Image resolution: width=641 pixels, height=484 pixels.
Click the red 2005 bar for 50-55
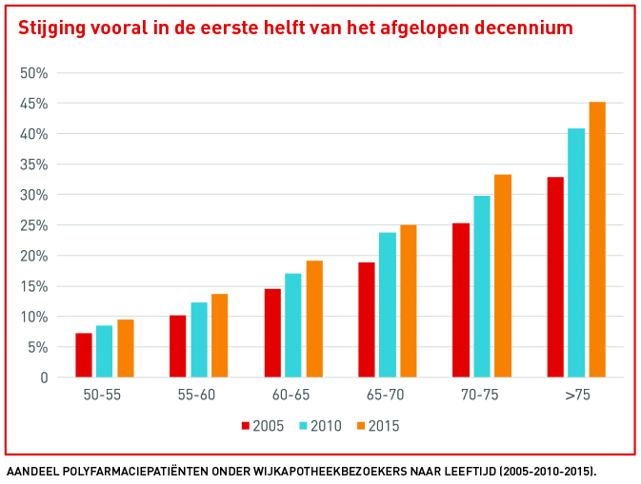click(x=84, y=356)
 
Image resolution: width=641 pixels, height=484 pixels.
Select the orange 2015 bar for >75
click(x=597, y=240)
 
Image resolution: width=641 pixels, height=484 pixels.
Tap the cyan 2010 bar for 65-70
click(x=387, y=304)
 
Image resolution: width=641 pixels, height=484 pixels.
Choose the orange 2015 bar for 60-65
click(x=314, y=319)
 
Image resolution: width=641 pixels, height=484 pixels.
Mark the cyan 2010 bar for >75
click(x=576, y=253)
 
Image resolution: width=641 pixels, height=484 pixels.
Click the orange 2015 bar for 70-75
click(x=503, y=276)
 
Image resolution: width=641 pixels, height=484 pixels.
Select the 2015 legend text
click(x=383, y=426)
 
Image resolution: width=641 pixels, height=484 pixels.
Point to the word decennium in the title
click(x=527, y=29)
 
